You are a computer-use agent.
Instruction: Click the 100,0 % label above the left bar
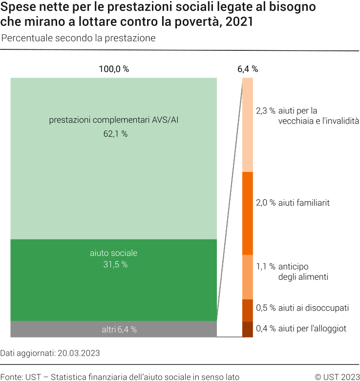[114, 69]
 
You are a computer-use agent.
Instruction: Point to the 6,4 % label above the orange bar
[248, 69]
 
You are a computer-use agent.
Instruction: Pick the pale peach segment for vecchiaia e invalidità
[248, 125]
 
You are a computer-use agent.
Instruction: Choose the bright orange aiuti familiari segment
[248, 213]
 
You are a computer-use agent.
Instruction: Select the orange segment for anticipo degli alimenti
[248, 277]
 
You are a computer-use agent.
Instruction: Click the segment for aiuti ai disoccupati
[248, 310]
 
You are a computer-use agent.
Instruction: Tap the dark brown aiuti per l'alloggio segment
[248, 329]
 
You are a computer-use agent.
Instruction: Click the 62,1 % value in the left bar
[115, 133]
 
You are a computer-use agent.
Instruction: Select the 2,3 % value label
[266, 111]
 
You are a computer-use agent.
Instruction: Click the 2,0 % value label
[266, 202]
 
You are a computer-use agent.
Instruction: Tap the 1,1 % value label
[266, 267]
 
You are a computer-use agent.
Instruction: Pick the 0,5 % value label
[266, 308]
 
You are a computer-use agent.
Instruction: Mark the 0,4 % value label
[266, 329]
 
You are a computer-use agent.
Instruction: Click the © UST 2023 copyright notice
[337, 377]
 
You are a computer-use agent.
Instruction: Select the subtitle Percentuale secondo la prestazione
[78, 38]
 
